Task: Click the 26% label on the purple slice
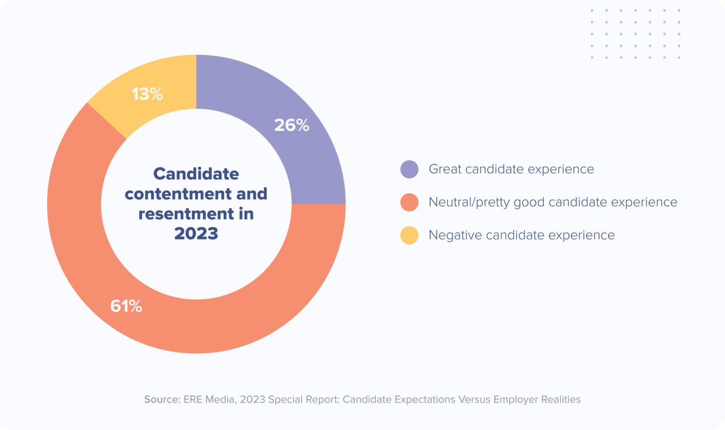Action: point(292,125)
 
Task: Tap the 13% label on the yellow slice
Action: point(147,94)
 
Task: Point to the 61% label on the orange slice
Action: point(126,306)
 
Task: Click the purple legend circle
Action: point(409,169)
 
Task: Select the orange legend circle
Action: point(409,202)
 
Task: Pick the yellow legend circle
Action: point(409,235)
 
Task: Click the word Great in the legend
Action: point(445,169)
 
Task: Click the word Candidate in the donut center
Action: point(196,174)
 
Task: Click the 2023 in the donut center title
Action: point(196,233)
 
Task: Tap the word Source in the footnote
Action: point(161,400)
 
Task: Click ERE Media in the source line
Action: point(209,400)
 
